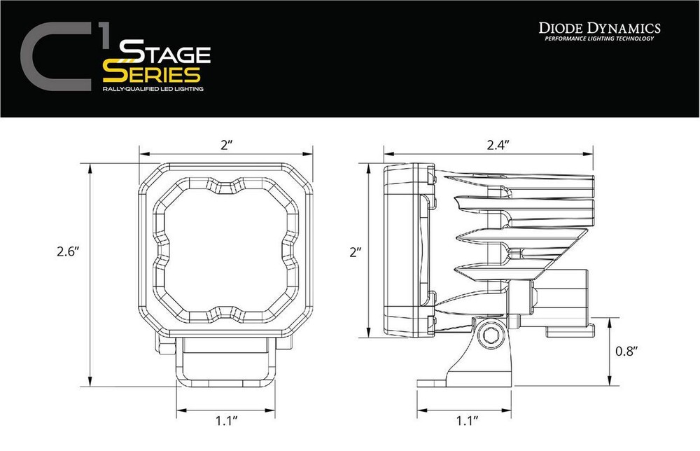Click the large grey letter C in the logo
click(x=53, y=60)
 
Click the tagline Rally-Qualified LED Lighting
click(x=148, y=90)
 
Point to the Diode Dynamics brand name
click(x=600, y=27)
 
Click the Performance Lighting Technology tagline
click(x=600, y=39)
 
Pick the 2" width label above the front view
click(x=225, y=144)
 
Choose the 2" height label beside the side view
click(x=355, y=251)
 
